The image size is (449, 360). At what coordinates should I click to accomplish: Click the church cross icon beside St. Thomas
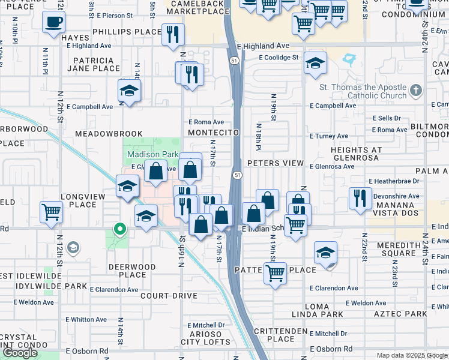417,92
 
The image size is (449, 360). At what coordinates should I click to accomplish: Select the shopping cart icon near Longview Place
51,212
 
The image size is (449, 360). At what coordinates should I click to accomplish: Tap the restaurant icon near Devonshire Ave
360,198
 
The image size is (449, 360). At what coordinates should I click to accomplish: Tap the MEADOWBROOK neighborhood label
109,134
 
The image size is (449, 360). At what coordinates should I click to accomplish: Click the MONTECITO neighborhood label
214,133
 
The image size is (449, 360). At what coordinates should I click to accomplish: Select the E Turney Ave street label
329,136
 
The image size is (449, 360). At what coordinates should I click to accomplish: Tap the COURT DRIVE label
169,296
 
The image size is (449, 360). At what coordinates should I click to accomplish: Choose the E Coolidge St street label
279,58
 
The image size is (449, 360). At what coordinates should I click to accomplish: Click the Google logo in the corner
20,353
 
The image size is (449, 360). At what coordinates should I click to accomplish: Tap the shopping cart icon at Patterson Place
275,273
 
